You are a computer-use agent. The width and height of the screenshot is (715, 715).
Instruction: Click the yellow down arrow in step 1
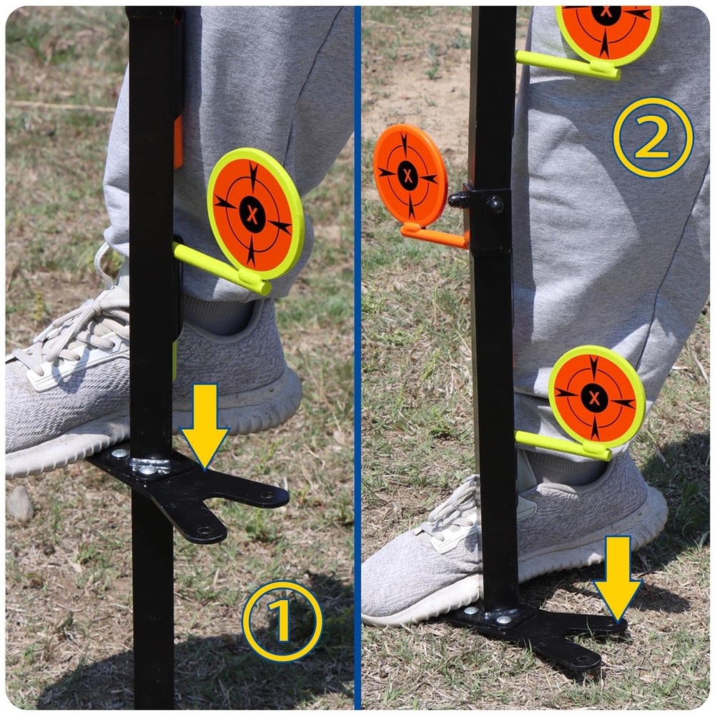(204, 424)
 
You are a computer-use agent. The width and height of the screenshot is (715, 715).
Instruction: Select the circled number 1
(282, 621)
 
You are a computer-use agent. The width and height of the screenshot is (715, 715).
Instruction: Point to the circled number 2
(653, 137)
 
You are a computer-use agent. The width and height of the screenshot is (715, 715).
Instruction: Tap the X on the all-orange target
(408, 175)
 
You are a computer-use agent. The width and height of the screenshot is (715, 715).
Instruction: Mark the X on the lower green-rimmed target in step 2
(594, 398)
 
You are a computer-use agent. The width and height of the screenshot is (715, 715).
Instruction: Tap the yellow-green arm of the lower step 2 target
(563, 445)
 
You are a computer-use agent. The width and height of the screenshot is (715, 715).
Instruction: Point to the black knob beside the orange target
(458, 199)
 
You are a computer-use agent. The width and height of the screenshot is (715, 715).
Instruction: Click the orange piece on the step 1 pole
(178, 142)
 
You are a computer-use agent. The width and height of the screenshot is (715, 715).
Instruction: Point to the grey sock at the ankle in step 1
(218, 315)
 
